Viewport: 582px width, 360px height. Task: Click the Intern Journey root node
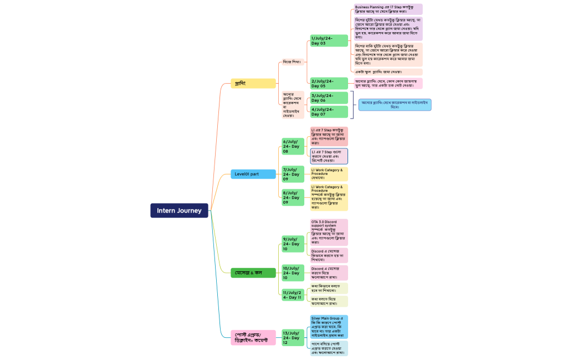[x=179, y=210]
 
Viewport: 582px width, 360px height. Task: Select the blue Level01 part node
[x=253, y=174]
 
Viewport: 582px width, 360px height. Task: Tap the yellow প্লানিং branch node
[x=253, y=83]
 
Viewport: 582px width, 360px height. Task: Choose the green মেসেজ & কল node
[x=253, y=272]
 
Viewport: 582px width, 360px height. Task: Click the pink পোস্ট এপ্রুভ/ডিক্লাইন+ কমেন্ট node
[x=253, y=337]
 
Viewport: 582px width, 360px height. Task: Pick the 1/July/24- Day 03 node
[x=329, y=40]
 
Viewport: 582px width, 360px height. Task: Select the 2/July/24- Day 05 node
[x=329, y=83]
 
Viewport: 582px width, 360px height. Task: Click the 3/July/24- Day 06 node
[x=329, y=97]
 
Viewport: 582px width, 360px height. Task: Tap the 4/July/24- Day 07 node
[x=329, y=112]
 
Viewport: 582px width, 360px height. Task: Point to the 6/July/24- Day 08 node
[x=293, y=146]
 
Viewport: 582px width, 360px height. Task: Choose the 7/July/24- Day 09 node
[x=293, y=174]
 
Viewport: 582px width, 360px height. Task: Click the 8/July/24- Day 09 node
[x=293, y=197]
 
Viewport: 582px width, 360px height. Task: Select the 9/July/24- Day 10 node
[x=293, y=244]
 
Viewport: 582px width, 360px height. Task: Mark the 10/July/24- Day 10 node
[x=293, y=272]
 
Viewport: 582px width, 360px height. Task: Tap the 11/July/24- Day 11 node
[x=293, y=295]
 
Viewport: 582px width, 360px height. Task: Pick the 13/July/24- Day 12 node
[x=293, y=337]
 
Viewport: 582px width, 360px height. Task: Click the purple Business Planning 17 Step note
[x=388, y=9]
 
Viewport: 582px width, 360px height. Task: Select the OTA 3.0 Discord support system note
[x=329, y=232]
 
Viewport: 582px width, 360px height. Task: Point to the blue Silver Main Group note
[x=329, y=327]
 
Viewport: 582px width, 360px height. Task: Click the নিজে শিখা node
[x=292, y=61]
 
